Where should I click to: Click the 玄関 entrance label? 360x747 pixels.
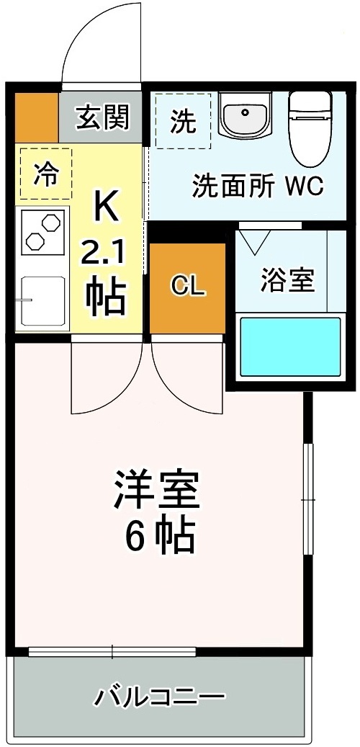tap(104, 118)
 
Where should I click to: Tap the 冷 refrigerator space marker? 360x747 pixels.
tap(46, 173)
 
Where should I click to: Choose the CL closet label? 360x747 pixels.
tap(188, 287)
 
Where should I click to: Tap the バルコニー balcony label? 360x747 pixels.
tap(161, 697)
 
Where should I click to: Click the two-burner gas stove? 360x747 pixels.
tap(42, 232)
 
